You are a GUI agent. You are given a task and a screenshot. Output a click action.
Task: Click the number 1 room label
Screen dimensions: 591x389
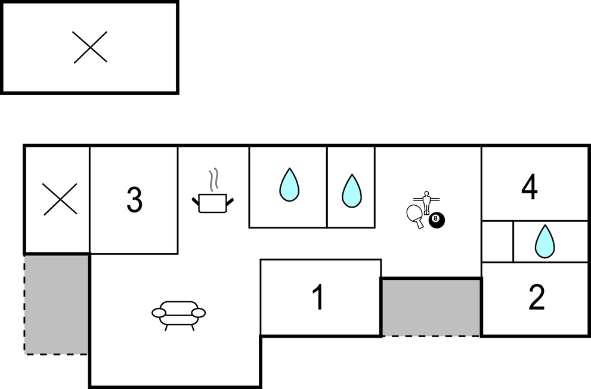pyautogui.click(x=319, y=297)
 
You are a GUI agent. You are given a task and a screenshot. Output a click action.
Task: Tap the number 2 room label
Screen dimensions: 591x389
pyautogui.click(x=537, y=297)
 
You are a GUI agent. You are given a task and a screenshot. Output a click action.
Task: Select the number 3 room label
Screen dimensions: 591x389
pyautogui.click(x=134, y=200)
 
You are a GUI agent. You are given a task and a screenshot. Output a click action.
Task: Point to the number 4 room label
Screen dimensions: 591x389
pyautogui.click(x=529, y=187)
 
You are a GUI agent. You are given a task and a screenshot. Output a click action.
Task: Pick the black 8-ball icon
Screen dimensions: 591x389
pyautogui.click(x=437, y=220)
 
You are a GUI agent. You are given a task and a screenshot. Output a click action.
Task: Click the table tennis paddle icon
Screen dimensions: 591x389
pyautogui.click(x=414, y=215)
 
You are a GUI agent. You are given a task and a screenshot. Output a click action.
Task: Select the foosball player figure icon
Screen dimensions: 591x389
pyautogui.click(x=426, y=202)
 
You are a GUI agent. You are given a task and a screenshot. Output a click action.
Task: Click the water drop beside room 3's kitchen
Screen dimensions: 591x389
pyautogui.click(x=289, y=185)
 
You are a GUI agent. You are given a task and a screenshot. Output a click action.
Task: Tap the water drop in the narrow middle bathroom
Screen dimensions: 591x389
pyautogui.click(x=352, y=191)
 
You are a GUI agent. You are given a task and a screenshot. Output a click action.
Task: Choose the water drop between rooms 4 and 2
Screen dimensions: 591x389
pyautogui.click(x=544, y=242)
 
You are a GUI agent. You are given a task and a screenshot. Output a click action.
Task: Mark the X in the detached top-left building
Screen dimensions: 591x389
pyautogui.click(x=91, y=47)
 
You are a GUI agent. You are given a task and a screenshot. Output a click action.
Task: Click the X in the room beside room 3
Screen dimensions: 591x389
pyautogui.click(x=60, y=199)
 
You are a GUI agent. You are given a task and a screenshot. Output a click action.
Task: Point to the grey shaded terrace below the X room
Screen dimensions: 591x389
pyautogui.click(x=56, y=304)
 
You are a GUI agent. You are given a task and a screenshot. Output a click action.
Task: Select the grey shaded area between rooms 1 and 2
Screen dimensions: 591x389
pyautogui.click(x=431, y=307)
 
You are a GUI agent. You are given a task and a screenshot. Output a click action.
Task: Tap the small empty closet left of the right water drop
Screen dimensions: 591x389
pyautogui.click(x=497, y=242)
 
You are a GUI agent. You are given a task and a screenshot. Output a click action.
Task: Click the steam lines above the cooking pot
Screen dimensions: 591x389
pyautogui.click(x=213, y=180)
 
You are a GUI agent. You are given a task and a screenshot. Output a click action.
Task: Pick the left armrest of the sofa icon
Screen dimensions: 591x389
pyautogui.click(x=159, y=313)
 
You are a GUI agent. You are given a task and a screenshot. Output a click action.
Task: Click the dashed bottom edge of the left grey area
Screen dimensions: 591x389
pyautogui.click(x=56, y=354)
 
